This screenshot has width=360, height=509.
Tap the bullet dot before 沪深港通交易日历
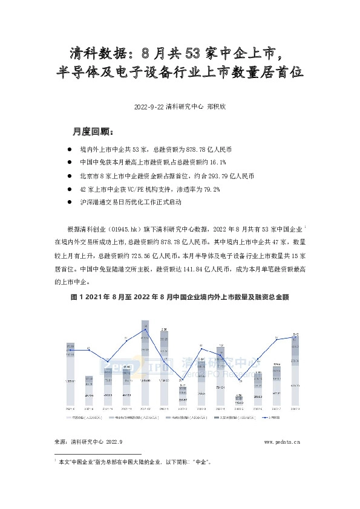pos(71,203)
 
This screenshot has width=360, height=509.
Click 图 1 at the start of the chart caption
pos(77,297)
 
